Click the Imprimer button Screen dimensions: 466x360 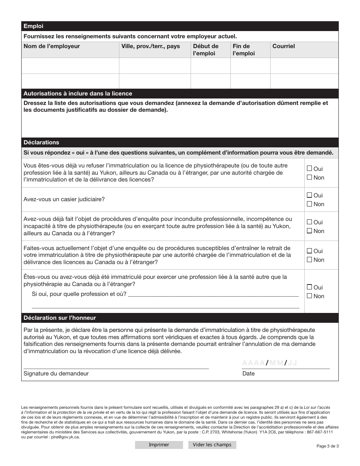(x=159, y=445)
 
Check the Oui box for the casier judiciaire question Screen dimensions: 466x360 (x=309, y=195)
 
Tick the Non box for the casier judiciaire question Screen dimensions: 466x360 (x=309, y=204)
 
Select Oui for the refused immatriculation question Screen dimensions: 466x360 (x=309, y=169)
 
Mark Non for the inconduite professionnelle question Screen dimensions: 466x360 (x=309, y=231)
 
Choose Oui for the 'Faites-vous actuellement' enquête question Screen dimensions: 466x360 (x=309, y=251)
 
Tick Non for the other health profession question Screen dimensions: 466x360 (x=309, y=296)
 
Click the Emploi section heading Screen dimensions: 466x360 (x=33, y=26)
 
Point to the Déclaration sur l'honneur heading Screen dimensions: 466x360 (x=60, y=318)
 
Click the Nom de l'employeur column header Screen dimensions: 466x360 (x=52, y=46)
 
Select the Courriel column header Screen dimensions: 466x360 (x=283, y=46)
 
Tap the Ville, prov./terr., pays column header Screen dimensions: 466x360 (x=150, y=46)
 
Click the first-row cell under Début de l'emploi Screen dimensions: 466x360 (x=210, y=66)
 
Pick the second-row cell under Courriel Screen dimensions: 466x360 (x=304, y=81)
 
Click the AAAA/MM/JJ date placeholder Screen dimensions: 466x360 (x=269, y=363)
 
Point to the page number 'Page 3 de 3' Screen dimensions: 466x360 (x=327, y=446)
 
